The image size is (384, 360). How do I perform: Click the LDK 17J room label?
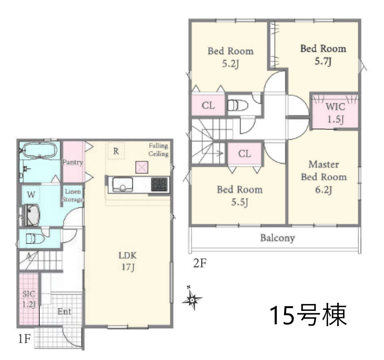point(128,261)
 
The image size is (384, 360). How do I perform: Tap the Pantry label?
point(73,162)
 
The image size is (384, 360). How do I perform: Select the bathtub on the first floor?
point(40,150)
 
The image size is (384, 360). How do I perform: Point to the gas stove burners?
point(159,184)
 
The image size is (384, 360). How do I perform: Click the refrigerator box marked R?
point(116,151)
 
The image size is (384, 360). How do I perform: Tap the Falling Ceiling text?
point(158,150)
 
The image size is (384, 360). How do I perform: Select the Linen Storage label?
point(72,195)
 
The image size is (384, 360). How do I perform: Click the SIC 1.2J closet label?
point(29,299)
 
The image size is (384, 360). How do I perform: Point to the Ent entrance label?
point(64,311)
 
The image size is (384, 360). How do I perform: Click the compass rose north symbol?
point(192,298)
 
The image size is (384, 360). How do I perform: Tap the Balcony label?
point(277,238)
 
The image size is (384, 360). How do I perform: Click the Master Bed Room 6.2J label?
point(324,177)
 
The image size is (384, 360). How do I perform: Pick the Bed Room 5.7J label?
point(323,55)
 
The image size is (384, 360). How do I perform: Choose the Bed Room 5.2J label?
point(230,57)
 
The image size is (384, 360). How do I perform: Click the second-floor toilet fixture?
point(238,106)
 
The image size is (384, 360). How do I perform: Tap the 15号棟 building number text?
point(308,315)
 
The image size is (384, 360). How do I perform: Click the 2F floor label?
point(200,263)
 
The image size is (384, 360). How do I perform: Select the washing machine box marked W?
point(31,195)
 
